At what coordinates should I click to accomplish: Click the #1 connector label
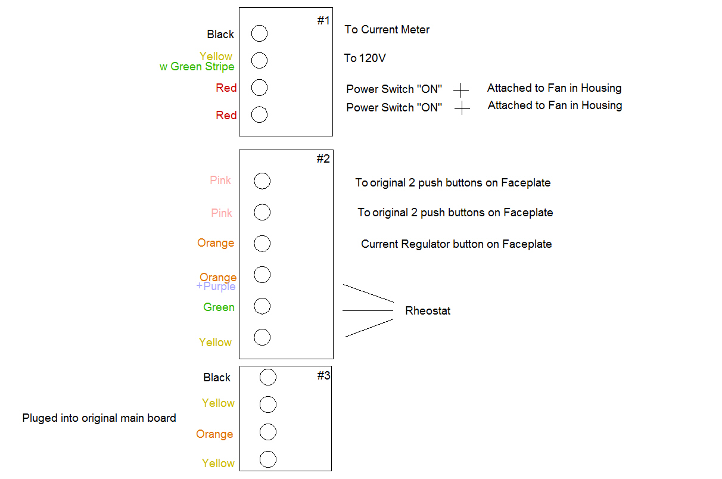[x=323, y=21]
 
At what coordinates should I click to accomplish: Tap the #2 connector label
[x=323, y=159]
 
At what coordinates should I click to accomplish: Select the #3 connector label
[x=323, y=376]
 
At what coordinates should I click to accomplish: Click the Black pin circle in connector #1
[x=259, y=33]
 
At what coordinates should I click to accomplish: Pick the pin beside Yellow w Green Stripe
[x=259, y=60]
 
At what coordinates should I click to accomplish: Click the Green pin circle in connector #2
[x=262, y=306]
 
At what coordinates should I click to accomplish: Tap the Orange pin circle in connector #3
[x=268, y=432]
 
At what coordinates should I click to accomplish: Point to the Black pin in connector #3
[x=268, y=377]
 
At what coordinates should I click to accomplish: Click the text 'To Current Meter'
[x=387, y=30]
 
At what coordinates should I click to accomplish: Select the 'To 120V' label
[x=365, y=58]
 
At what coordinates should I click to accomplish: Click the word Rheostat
[x=428, y=311]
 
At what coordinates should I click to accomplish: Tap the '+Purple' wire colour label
[x=216, y=287]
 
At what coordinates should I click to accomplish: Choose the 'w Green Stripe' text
[x=197, y=67]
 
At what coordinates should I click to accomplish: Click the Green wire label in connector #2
[x=219, y=307]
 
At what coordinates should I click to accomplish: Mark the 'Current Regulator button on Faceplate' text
[x=456, y=244]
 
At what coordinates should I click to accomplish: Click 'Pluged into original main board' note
[x=99, y=418]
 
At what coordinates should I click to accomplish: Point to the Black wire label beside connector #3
[x=216, y=378]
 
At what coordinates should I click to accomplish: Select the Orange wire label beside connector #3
[x=214, y=434]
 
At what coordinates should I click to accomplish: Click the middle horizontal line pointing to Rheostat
[x=368, y=310]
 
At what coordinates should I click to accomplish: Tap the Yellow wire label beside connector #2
[x=215, y=343]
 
